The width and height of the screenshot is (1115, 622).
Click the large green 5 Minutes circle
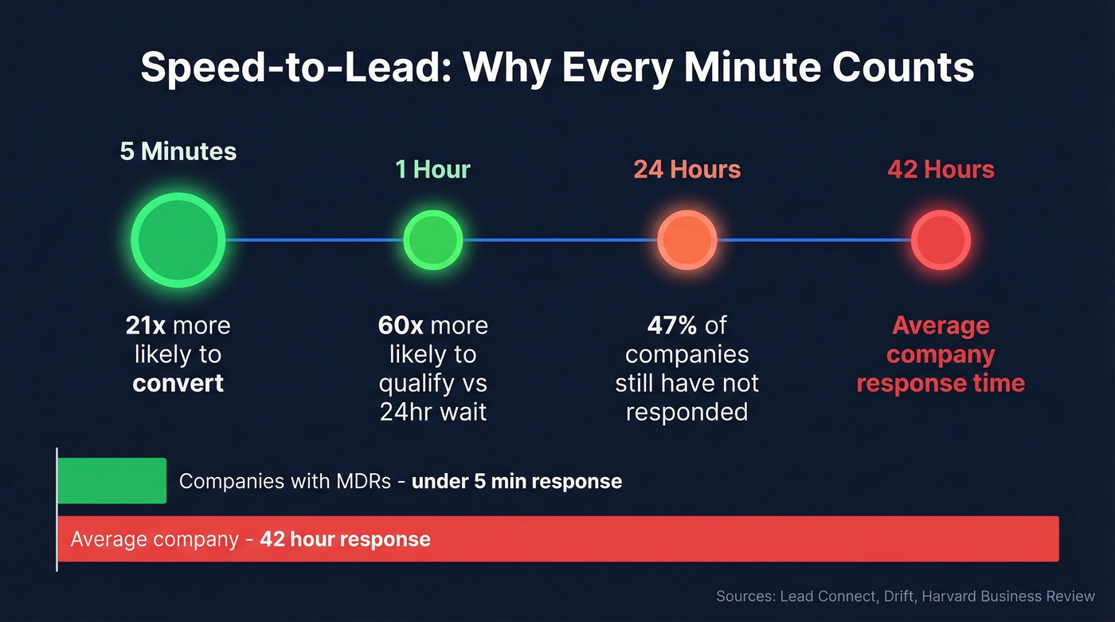(x=178, y=240)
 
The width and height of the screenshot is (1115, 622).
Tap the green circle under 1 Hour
(x=432, y=240)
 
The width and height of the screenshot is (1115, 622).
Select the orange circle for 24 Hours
(x=687, y=240)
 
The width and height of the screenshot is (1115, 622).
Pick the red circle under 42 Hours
(x=941, y=240)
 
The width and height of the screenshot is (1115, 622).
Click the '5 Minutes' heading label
(x=178, y=151)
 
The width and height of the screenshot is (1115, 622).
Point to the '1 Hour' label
(x=432, y=170)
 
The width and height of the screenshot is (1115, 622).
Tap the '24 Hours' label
(x=687, y=170)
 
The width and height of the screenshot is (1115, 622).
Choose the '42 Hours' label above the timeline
(x=941, y=170)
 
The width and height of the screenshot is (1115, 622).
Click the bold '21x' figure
(x=146, y=326)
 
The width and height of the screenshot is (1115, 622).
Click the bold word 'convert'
(x=178, y=383)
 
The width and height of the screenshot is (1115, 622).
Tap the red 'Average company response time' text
(x=941, y=354)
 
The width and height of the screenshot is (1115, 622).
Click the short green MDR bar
(x=111, y=480)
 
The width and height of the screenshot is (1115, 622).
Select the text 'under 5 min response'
(x=516, y=481)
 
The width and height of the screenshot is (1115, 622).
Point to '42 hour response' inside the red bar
(x=345, y=539)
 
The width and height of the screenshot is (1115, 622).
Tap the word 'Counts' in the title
(x=903, y=68)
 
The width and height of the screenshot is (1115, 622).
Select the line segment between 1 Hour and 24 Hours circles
(x=560, y=240)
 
